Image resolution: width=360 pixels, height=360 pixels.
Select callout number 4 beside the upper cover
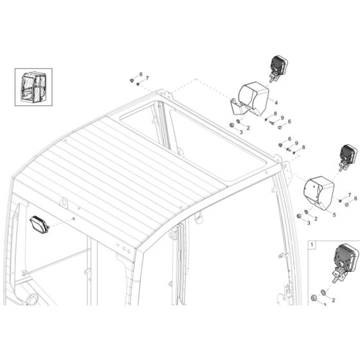click(275, 102)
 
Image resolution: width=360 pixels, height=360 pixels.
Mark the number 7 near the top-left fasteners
click(147, 78)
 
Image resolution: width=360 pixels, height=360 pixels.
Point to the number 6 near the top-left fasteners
click(141, 75)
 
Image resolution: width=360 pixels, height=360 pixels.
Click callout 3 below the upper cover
click(240, 132)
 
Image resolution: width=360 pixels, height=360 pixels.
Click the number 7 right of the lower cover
click(349, 194)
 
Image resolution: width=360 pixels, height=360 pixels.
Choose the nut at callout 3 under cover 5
click(299, 217)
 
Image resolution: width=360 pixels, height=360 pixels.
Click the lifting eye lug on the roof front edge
click(64, 203)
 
